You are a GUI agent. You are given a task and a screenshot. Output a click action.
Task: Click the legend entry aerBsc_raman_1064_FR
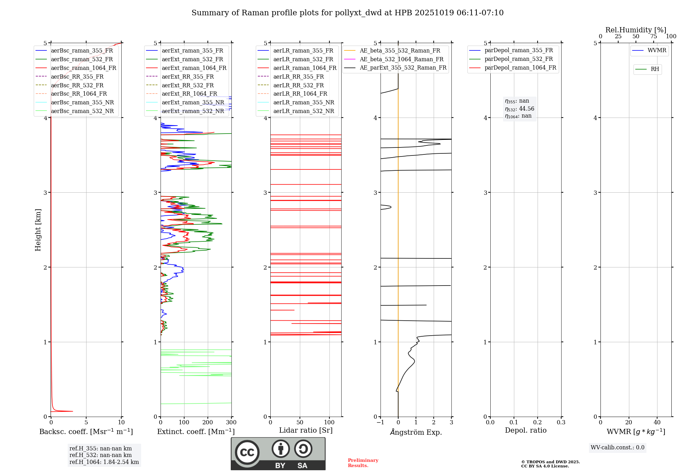pos(83,68)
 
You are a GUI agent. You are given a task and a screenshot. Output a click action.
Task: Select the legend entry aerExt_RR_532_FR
pos(188,85)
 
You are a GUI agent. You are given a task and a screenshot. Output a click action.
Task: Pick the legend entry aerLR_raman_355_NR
pos(303,102)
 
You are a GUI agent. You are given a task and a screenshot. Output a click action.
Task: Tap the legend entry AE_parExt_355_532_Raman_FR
pos(403,67)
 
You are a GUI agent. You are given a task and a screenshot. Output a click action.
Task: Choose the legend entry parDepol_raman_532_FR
pos(518,59)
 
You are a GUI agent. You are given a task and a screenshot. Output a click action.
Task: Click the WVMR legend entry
pos(657,50)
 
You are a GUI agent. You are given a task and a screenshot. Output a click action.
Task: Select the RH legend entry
pos(655,69)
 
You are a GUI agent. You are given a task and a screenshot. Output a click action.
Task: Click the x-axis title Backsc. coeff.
pos(86,432)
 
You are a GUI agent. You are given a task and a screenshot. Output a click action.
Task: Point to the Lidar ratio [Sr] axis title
pos(305,430)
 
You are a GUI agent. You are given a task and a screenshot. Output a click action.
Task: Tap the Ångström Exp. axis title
pos(416,432)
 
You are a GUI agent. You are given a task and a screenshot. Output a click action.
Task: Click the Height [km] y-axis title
pos(38,230)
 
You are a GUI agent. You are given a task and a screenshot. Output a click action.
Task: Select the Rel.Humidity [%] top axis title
pos(636,30)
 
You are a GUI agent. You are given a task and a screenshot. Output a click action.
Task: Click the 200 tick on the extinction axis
pos(207,422)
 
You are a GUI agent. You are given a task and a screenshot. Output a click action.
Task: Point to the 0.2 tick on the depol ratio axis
pos(537,422)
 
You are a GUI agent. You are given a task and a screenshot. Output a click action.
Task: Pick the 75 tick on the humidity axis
pos(653,37)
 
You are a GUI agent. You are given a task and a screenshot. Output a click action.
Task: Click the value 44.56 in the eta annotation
pos(526,109)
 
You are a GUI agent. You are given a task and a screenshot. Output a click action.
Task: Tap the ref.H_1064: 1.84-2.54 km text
pos(104,462)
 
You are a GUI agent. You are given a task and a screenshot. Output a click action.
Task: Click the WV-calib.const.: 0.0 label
pos(617,448)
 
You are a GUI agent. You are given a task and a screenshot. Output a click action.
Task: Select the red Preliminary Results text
pos(363,463)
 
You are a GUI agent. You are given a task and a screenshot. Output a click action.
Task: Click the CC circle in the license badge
pos(247,452)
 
